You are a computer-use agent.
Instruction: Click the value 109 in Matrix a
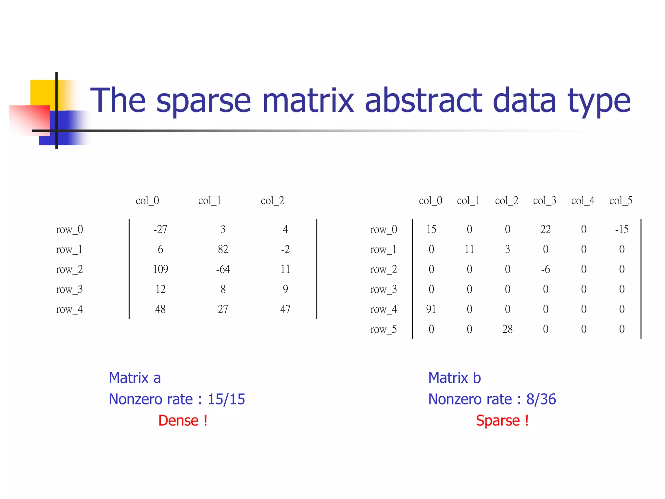[x=160, y=269]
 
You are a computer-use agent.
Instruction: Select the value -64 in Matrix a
[x=223, y=269]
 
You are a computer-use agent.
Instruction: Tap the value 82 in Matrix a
[x=223, y=249]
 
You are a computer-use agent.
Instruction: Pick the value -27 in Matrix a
[x=160, y=229]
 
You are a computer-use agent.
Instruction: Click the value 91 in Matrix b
[x=431, y=309]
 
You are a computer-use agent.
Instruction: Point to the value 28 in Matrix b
[x=507, y=329]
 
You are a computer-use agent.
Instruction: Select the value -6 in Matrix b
[x=545, y=269]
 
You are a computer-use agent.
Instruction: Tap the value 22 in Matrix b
[x=546, y=229]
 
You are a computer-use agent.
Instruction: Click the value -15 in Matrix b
[x=621, y=229]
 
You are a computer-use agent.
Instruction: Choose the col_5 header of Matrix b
[x=621, y=201]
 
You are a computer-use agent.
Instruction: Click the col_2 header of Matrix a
[x=272, y=201]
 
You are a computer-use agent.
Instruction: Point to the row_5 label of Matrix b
[x=383, y=329]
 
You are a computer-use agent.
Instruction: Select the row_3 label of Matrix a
[x=69, y=289]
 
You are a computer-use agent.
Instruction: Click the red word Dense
[x=178, y=420]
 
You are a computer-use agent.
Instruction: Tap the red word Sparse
[x=498, y=420]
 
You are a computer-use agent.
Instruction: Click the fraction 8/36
[x=541, y=399]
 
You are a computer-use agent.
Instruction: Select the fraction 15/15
[x=226, y=399]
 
